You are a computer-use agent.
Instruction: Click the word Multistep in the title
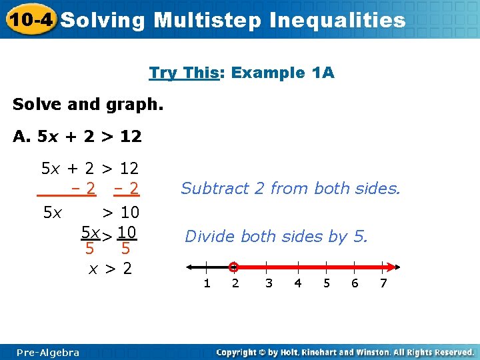207,20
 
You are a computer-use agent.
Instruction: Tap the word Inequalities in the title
337,20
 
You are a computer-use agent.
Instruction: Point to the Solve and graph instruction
87,105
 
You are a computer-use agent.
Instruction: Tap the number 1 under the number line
207,283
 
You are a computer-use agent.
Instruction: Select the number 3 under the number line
269,283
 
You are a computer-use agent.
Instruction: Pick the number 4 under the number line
298,283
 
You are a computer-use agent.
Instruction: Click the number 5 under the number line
327,283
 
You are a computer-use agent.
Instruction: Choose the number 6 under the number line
355,283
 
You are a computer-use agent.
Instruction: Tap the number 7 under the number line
383,283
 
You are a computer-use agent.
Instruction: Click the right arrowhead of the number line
395,267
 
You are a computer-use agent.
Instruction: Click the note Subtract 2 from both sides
291,189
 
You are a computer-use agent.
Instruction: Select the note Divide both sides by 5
276,236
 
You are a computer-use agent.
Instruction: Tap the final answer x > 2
111,269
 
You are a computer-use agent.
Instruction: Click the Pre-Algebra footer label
48,353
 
